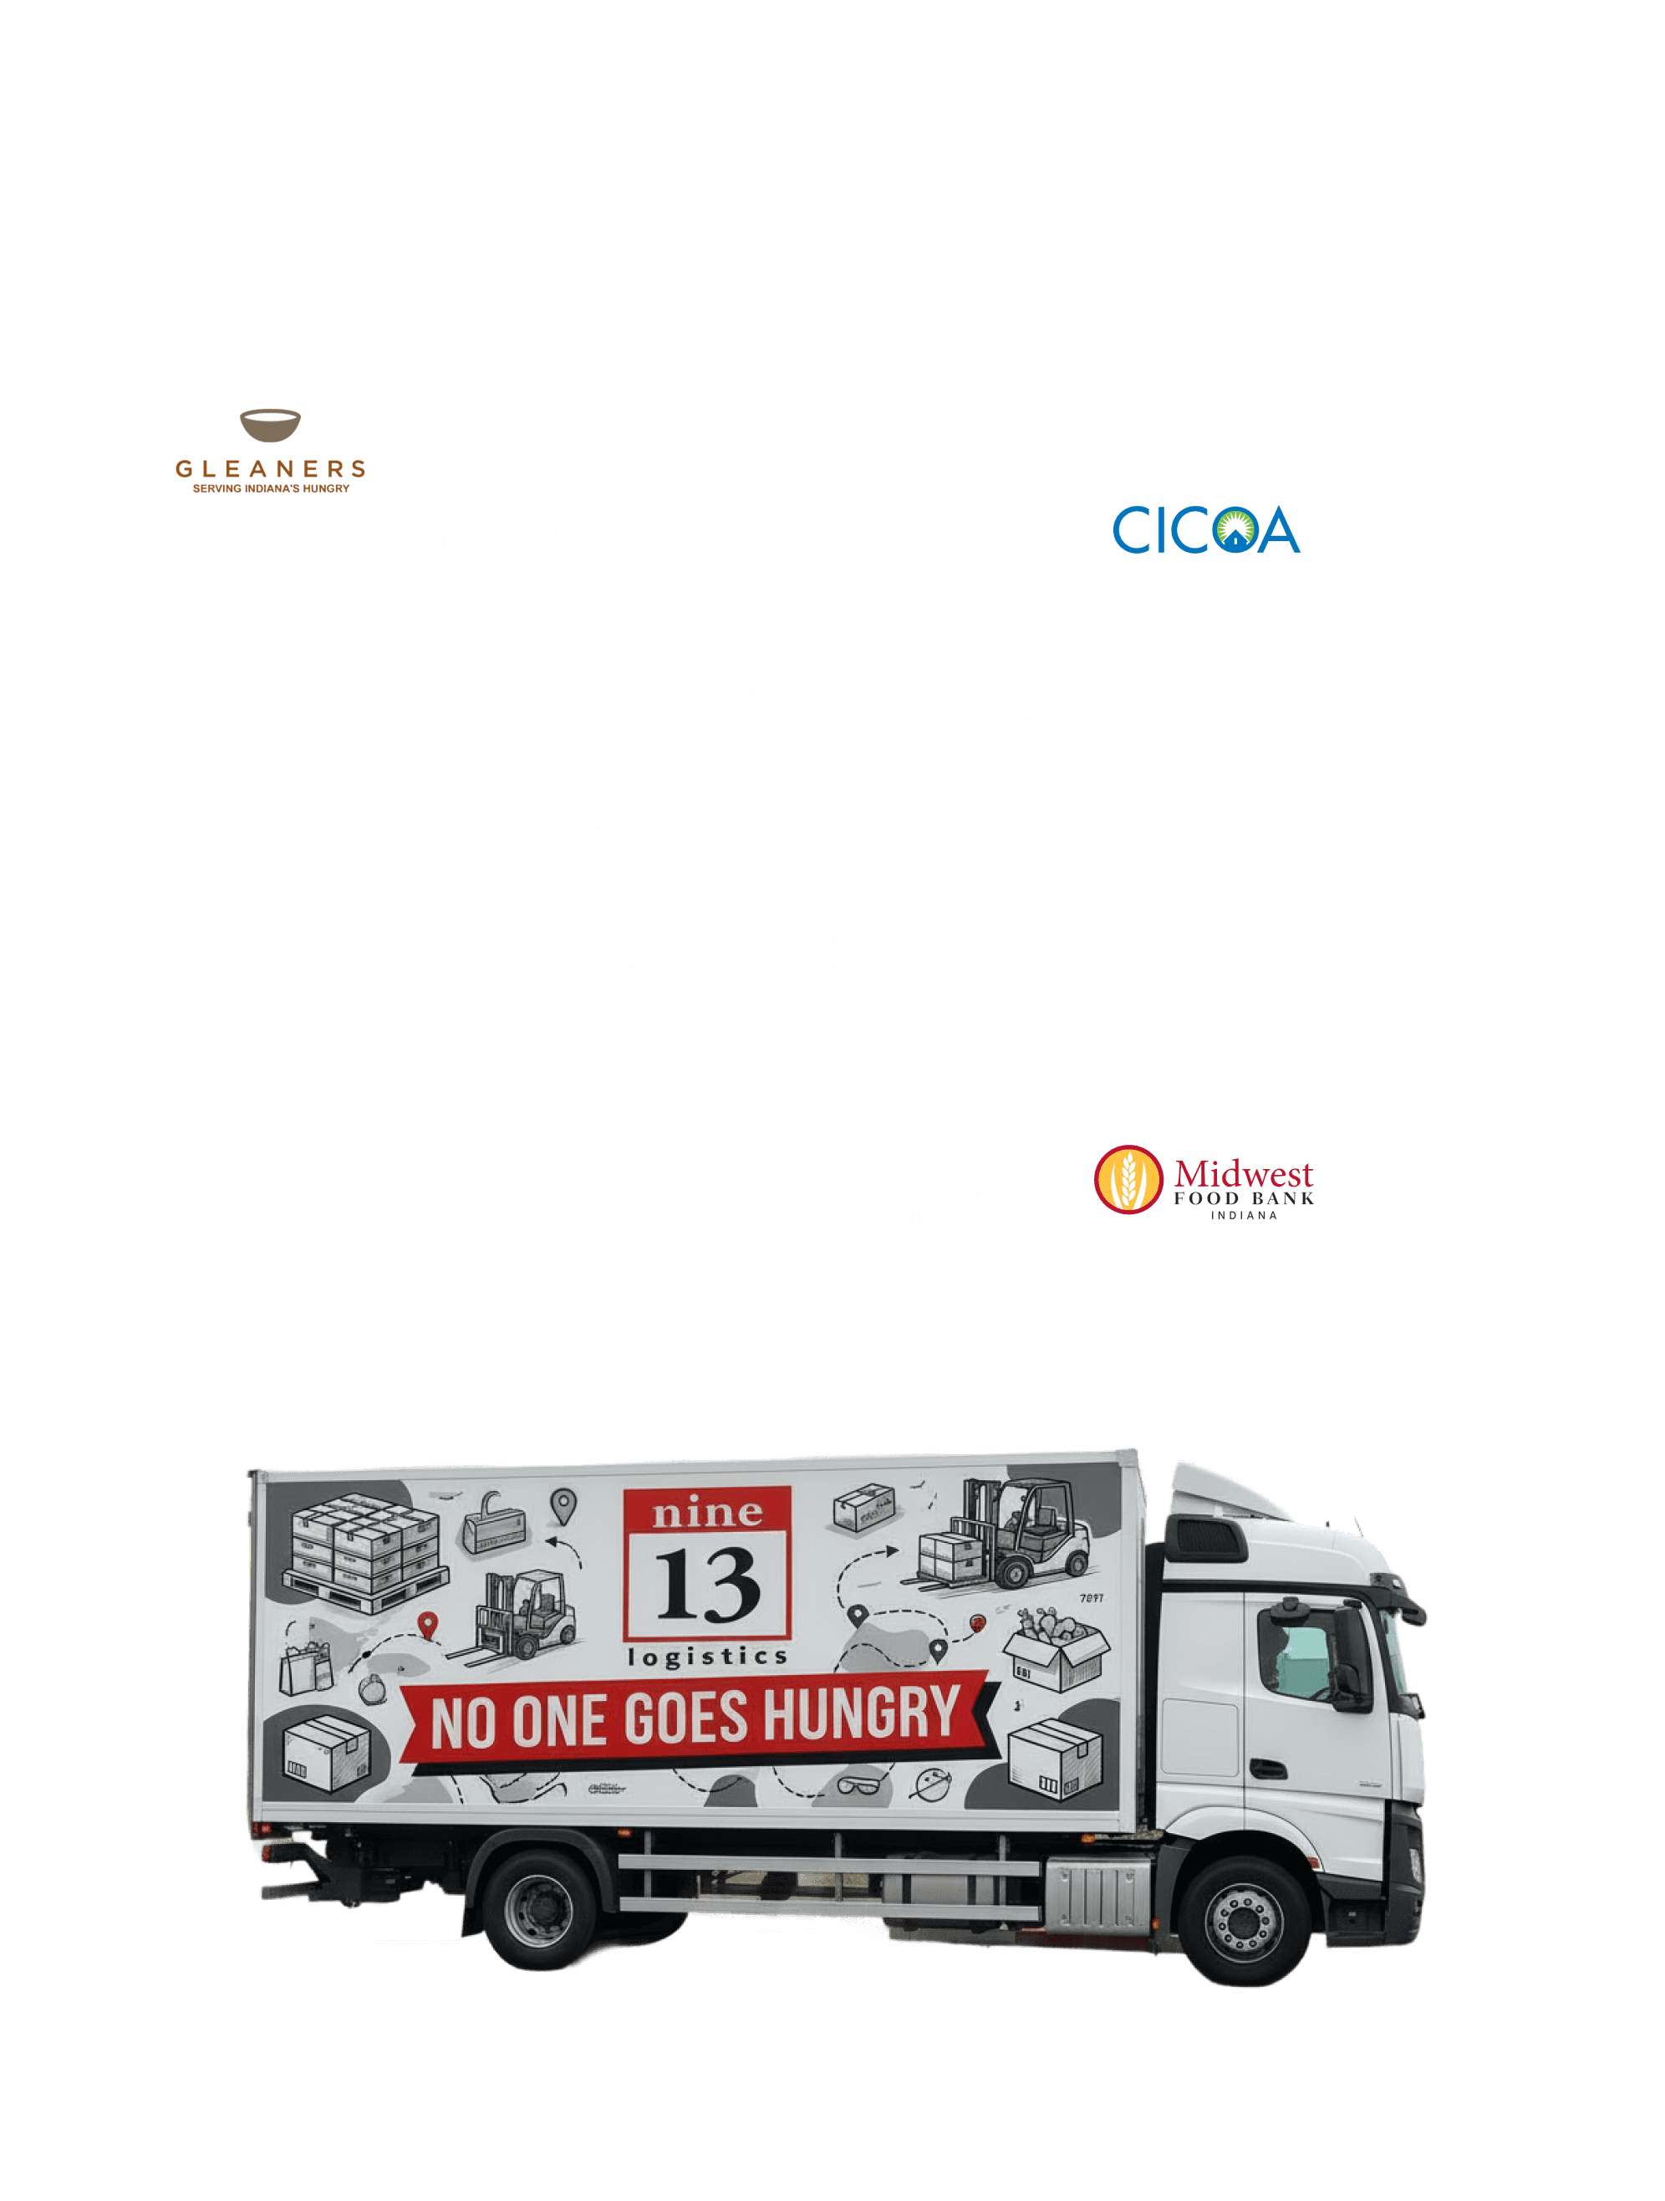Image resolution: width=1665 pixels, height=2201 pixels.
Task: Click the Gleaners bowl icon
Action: click(269, 425)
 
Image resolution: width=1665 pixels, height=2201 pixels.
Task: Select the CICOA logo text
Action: click(1205, 530)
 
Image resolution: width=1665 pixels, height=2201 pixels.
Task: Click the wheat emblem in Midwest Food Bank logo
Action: click(1128, 1179)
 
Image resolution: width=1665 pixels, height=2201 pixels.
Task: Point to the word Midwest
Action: click(1243, 1173)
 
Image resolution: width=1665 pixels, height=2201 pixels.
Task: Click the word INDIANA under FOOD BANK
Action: click(1243, 1216)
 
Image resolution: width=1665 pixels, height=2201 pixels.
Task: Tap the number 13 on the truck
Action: click(707, 1583)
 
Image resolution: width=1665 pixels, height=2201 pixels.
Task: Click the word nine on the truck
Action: click(707, 1514)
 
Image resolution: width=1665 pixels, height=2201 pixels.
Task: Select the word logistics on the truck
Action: click(707, 1657)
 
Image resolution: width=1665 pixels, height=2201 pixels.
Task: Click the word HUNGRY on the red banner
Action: click(862, 1713)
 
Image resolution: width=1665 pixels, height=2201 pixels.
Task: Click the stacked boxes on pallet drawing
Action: click(363, 1552)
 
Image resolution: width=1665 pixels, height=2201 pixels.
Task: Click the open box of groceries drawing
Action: click(1054, 1652)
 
